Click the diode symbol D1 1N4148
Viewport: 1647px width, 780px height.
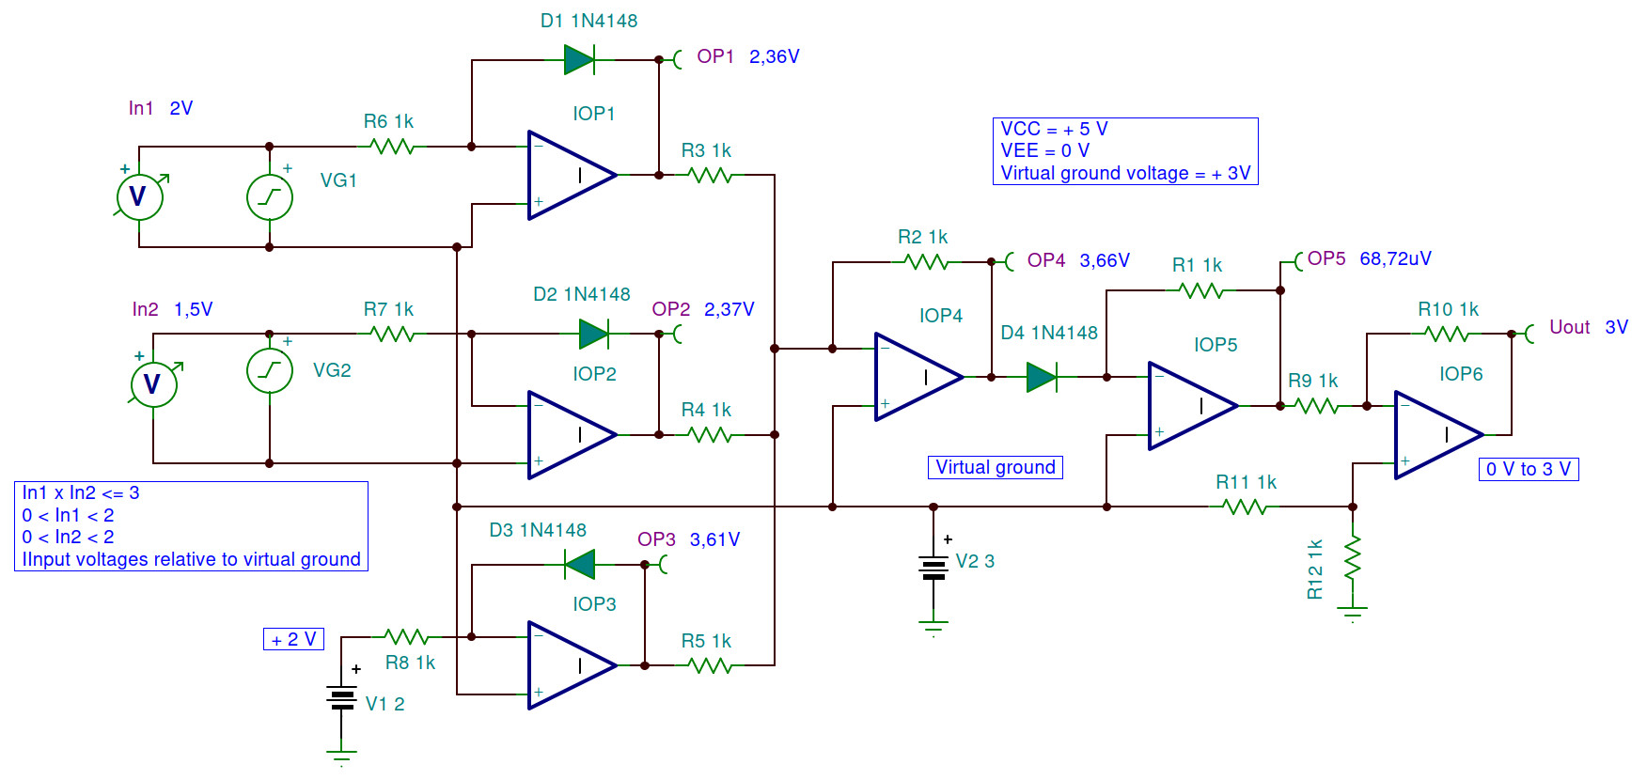(579, 60)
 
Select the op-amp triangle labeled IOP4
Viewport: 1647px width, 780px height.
(917, 377)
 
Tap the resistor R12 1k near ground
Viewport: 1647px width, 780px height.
(1353, 559)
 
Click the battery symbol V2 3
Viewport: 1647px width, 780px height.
(933, 568)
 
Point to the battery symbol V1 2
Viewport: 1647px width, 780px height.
(341, 698)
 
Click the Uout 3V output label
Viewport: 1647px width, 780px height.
(1588, 327)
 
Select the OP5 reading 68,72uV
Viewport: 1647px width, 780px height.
(1395, 258)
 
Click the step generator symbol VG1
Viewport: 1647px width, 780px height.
(270, 197)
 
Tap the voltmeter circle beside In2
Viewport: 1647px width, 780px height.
(153, 383)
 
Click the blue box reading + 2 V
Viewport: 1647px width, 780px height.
(294, 640)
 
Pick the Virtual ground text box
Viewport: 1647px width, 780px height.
(996, 468)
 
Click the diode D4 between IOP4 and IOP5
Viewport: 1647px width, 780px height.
(1042, 378)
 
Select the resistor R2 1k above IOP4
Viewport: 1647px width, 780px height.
(927, 262)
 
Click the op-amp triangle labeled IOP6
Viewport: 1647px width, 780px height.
(1436, 435)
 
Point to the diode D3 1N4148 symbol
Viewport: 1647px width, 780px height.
(580, 565)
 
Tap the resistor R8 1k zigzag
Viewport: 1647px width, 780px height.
(407, 637)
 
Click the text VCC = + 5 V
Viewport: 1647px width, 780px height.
(1054, 130)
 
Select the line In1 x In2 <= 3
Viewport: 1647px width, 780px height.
(81, 493)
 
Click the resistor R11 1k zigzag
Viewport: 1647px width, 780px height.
(1246, 507)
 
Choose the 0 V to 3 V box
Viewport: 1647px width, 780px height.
(1528, 469)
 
